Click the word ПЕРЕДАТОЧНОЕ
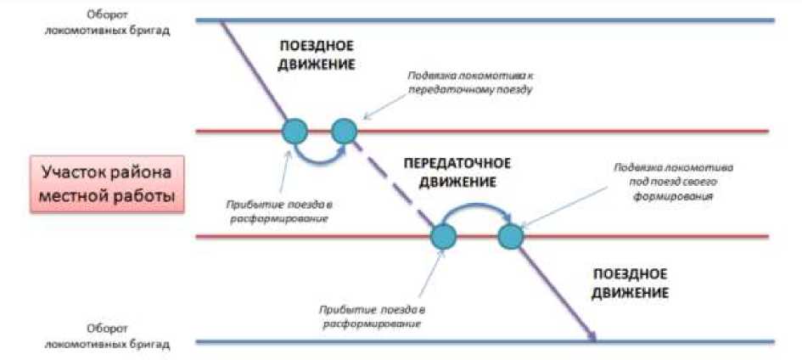click(457, 162)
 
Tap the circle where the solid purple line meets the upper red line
click(294, 131)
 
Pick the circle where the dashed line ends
click(443, 236)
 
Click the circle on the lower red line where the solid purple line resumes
click(510, 236)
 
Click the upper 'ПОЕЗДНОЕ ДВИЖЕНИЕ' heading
click(316, 54)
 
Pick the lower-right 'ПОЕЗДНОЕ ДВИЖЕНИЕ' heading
click(631, 283)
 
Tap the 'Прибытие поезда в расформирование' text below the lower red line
click(371, 316)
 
